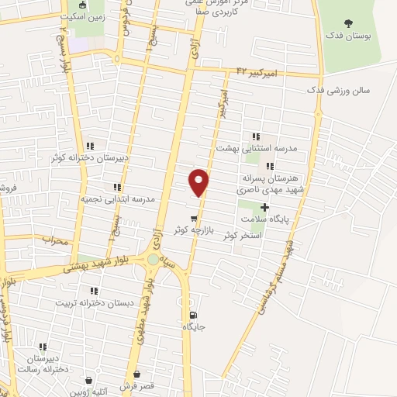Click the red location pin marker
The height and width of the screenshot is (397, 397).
tap(199, 181)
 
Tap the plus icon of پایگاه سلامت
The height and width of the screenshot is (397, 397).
tap(265, 207)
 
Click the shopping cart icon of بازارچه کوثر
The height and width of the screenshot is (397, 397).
tap(193, 218)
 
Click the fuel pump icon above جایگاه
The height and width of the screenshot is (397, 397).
tap(193, 315)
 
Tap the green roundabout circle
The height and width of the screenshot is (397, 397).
tap(153, 261)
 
